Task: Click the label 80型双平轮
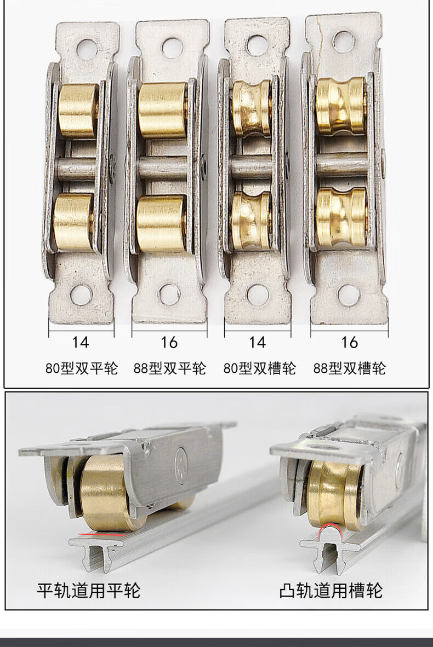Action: click(x=82, y=368)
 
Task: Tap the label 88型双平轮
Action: click(x=169, y=368)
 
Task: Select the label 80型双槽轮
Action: click(x=259, y=368)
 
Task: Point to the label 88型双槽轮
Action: click(x=350, y=368)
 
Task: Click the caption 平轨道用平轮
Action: click(x=88, y=591)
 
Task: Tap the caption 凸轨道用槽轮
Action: click(x=331, y=591)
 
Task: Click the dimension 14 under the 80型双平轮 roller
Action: click(x=81, y=342)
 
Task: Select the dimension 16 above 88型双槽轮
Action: click(x=349, y=342)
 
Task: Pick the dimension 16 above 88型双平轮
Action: click(x=169, y=342)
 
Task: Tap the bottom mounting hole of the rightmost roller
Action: click(x=348, y=295)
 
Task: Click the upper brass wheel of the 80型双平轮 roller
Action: click(x=78, y=110)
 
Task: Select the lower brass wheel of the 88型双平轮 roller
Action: click(x=161, y=223)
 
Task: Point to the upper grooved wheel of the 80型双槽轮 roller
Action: click(x=251, y=108)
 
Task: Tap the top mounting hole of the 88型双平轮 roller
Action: click(x=172, y=48)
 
